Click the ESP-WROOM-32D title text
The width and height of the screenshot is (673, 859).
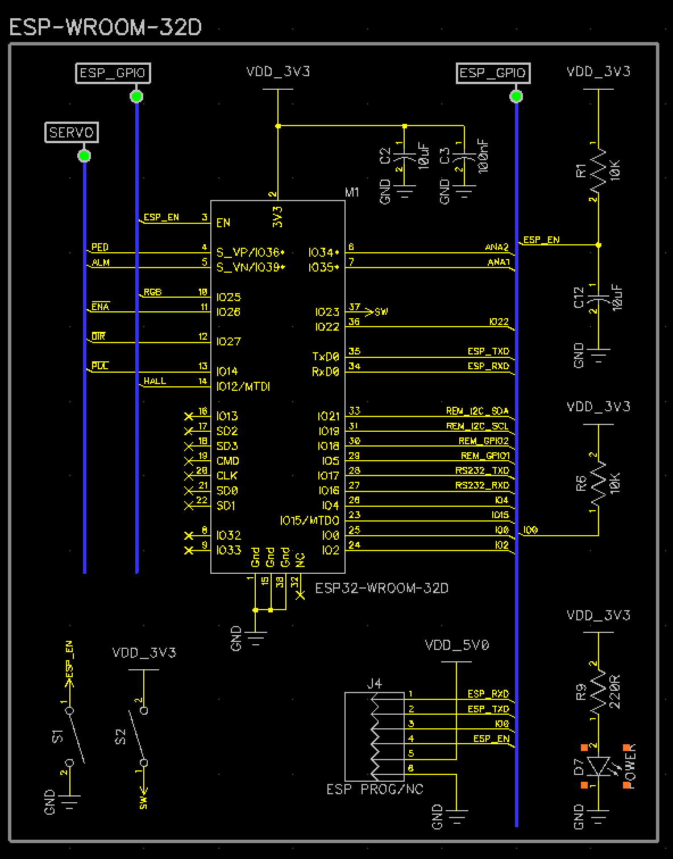(106, 27)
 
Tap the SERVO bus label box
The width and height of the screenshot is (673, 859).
(72, 132)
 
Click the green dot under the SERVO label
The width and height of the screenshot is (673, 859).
(84, 155)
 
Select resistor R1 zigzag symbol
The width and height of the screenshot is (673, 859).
(598, 170)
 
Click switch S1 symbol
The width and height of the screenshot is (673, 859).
(74, 736)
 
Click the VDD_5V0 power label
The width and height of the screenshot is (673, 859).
(456, 645)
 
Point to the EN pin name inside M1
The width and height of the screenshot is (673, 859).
(223, 223)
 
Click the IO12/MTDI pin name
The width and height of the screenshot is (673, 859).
(243, 386)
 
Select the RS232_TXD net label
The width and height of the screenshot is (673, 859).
(482, 470)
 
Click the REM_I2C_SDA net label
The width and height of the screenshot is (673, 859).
(477, 411)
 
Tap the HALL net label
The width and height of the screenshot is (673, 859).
(155, 381)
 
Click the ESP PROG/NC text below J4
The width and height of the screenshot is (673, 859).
(375, 789)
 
